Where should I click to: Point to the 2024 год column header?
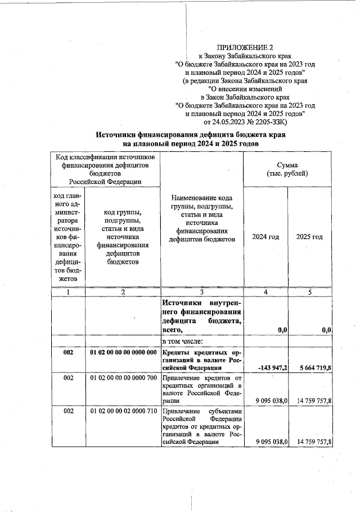click(x=265, y=237)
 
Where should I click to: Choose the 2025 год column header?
click(x=309, y=237)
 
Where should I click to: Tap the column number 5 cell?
click(x=309, y=292)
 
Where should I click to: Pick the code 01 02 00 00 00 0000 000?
click(x=123, y=352)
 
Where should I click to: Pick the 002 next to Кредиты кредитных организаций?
click(x=68, y=352)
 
